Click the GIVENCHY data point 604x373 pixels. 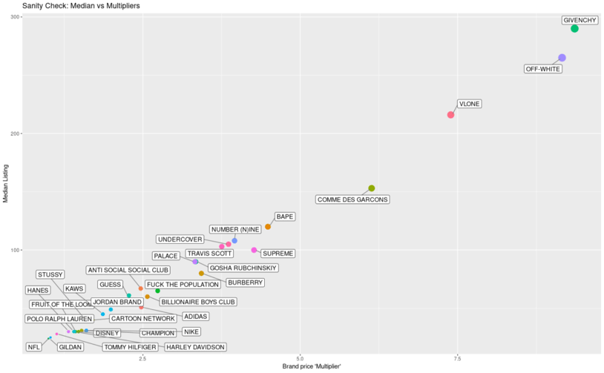574,29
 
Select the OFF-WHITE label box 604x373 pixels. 543,69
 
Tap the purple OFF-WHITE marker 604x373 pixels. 562,58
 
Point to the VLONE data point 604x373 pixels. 450,115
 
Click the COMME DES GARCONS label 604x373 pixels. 352,199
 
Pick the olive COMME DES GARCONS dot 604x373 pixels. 372,188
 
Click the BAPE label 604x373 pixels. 285,217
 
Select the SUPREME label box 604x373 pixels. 278,254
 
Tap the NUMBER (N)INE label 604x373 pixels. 234,230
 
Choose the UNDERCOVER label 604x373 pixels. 180,240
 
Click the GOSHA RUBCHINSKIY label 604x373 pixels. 243,268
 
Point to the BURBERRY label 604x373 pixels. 245,283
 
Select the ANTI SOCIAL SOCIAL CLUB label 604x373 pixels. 128,270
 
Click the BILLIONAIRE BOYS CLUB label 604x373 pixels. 198,302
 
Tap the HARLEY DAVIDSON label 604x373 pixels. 194,347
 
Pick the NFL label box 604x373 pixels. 34,347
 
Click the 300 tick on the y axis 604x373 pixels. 14,17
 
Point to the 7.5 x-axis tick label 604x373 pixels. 457,359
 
